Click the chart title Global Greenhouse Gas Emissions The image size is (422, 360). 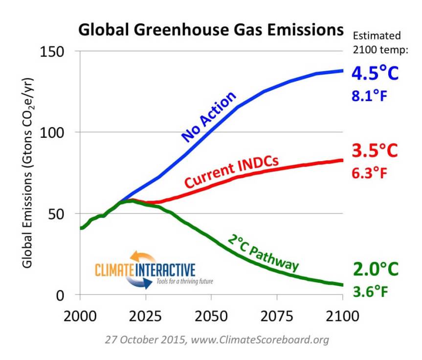211,30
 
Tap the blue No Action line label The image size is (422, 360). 208,116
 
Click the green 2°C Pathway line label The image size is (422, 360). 263,252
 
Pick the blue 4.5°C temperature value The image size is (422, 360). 376,74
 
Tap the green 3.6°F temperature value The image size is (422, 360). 371,292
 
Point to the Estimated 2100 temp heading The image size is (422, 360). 377,42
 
